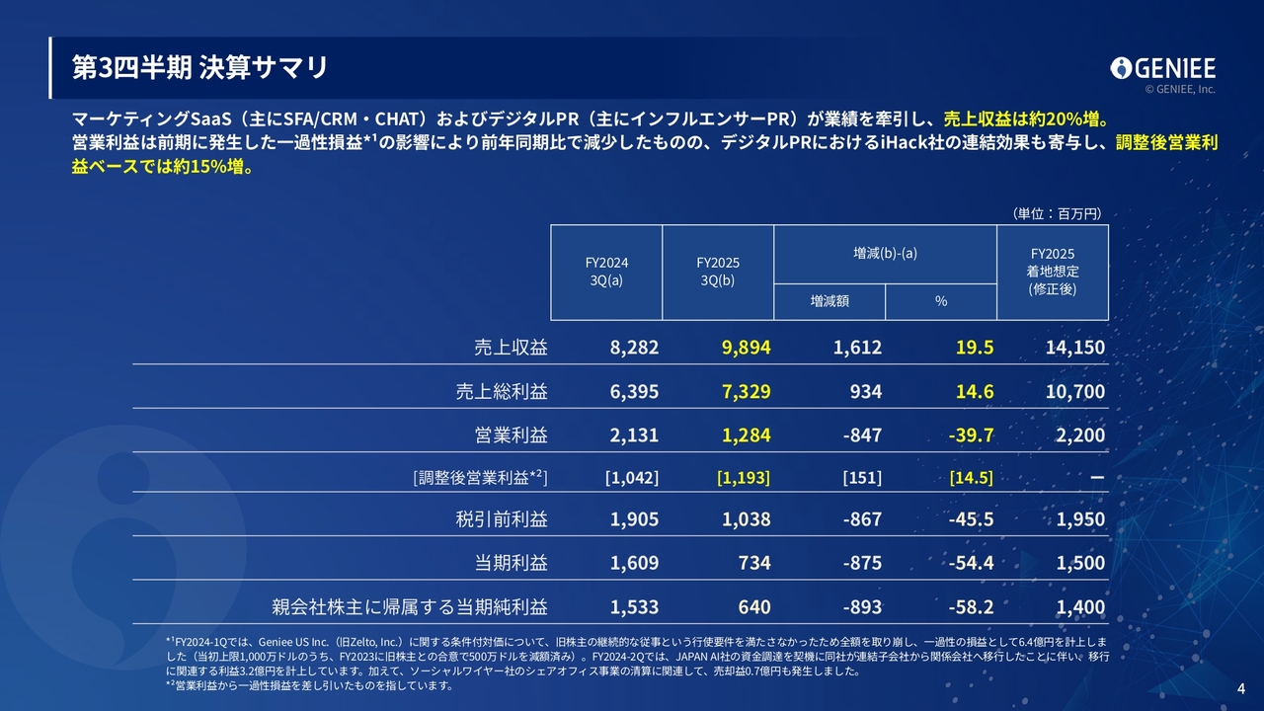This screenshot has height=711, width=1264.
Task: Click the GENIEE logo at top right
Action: (x=1162, y=68)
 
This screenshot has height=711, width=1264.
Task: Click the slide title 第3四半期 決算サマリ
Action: (x=199, y=67)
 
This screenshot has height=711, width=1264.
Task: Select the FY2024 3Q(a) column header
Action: (x=606, y=272)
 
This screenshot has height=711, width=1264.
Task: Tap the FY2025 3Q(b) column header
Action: (x=718, y=272)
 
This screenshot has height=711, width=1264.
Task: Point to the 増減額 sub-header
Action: (x=829, y=301)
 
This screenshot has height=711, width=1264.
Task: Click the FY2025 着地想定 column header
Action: (x=1053, y=272)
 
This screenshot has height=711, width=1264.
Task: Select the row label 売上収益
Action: (x=511, y=348)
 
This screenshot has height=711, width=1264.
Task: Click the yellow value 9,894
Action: (x=746, y=348)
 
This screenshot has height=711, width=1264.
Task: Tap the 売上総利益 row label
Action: (x=502, y=392)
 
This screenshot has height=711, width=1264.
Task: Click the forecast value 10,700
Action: (x=1074, y=392)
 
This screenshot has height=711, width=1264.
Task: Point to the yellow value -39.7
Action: (x=970, y=435)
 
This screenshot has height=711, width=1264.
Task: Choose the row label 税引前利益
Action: (x=502, y=519)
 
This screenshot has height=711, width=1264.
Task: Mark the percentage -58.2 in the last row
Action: (x=970, y=606)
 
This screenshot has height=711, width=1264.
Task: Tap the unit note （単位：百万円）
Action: (x=1056, y=213)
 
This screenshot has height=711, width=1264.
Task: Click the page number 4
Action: (x=1241, y=688)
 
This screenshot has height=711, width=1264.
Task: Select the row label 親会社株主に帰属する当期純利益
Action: (x=410, y=606)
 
